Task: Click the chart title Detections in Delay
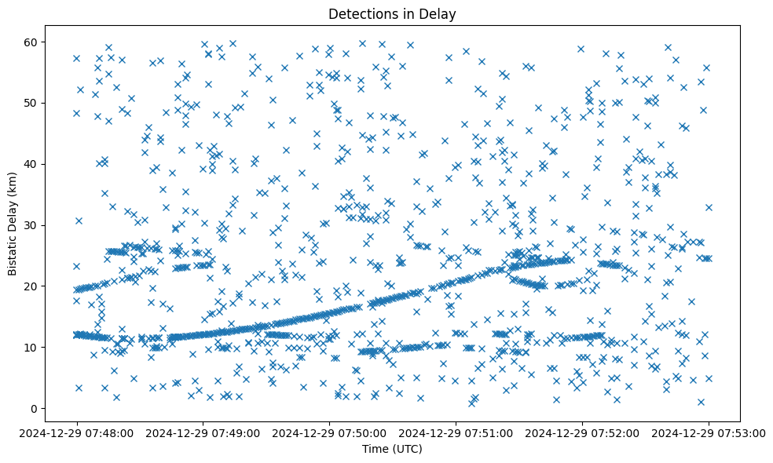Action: coord(392,14)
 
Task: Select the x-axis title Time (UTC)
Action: coord(392,449)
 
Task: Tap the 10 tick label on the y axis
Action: coord(33,347)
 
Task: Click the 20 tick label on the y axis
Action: coord(33,286)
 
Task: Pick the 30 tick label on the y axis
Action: coord(33,225)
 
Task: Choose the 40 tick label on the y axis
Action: coord(33,164)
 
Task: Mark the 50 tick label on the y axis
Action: coord(33,103)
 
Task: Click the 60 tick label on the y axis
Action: coord(33,42)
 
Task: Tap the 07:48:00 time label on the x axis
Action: coord(76,432)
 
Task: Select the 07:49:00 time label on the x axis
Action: coord(203,432)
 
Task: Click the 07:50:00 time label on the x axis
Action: coord(329,432)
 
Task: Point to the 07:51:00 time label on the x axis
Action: coord(456,432)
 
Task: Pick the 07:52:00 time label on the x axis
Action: coord(582,432)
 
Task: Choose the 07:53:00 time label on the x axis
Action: coord(709,432)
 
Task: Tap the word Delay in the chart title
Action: coord(440,14)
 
